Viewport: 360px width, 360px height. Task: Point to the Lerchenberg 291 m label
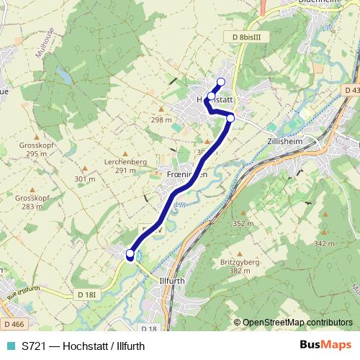(120, 166)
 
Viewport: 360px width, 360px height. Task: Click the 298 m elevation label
(161, 120)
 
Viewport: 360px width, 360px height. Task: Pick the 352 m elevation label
(243, 224)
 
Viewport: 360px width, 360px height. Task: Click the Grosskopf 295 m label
(34, 149)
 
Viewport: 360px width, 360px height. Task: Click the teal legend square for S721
(10, 345)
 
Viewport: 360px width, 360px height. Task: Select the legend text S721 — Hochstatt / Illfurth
(86, 345)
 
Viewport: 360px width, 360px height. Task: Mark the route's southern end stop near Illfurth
(130, 253)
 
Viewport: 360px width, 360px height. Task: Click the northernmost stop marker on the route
(220, 81)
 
